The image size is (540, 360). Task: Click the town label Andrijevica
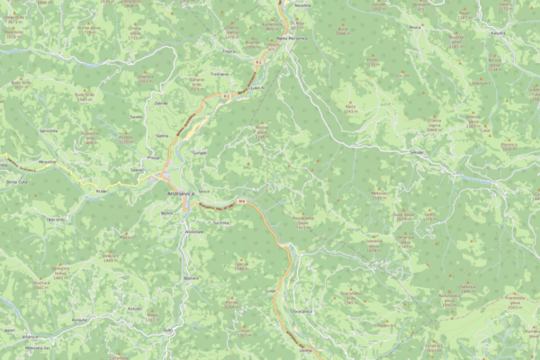point(184,193)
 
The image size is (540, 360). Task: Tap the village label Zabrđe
point(161,103)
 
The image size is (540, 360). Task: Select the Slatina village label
point(163,135)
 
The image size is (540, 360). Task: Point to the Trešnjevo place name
point(219,73)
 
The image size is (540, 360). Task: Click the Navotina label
point(302,6)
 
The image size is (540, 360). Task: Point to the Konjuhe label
point(80,319)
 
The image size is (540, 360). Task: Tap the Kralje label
point(102,191)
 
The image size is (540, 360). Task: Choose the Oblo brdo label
point(53,219)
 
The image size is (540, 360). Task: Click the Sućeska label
point(136,116)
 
